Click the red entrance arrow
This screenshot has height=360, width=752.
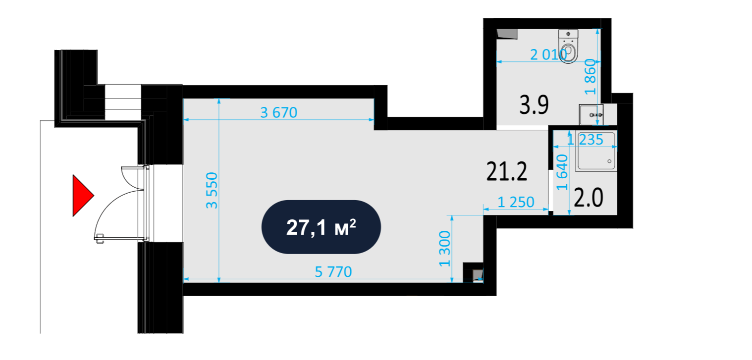(x=83, y=195)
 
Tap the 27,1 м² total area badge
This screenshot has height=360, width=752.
(x=321, y=227)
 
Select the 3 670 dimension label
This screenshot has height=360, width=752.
(x=278, y=112)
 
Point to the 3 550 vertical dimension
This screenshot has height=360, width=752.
(x=212, y=190)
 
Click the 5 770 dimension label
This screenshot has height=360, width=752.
(x=333, y=272)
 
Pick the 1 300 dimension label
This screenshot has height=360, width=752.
(x=445, y=249)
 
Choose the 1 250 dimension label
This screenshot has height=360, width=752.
(x=516, y=202)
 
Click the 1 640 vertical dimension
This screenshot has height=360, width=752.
(x=562, y=172)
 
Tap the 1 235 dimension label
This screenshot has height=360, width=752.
(x=585, y=140)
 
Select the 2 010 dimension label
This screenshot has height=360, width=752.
(x=548, y=54)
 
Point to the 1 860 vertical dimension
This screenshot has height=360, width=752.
(x=590, y=77)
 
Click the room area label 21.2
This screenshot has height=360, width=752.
(x=507, y=171)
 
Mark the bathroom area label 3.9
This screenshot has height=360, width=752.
(x=534, y=104)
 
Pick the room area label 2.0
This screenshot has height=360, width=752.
(x=588, y=198)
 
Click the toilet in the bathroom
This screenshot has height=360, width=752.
(x=568, y=47)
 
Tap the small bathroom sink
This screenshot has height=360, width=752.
(x=591, y=114)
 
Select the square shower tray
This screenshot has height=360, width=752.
(x=596, y=151)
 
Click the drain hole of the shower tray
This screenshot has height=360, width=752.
(x=609, y=161)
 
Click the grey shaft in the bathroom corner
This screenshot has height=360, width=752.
(x=507, y=34)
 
